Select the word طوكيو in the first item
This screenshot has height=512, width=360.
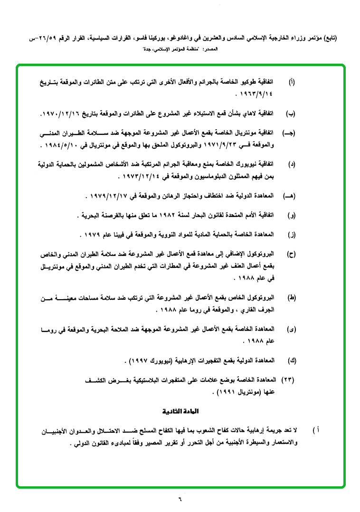coord(252,82)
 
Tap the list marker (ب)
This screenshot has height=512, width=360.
coord(291,114)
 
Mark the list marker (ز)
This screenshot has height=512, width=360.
coord(292,235)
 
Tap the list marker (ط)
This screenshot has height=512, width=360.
coord(292,298)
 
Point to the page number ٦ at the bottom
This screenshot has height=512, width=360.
coord(180,499)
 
